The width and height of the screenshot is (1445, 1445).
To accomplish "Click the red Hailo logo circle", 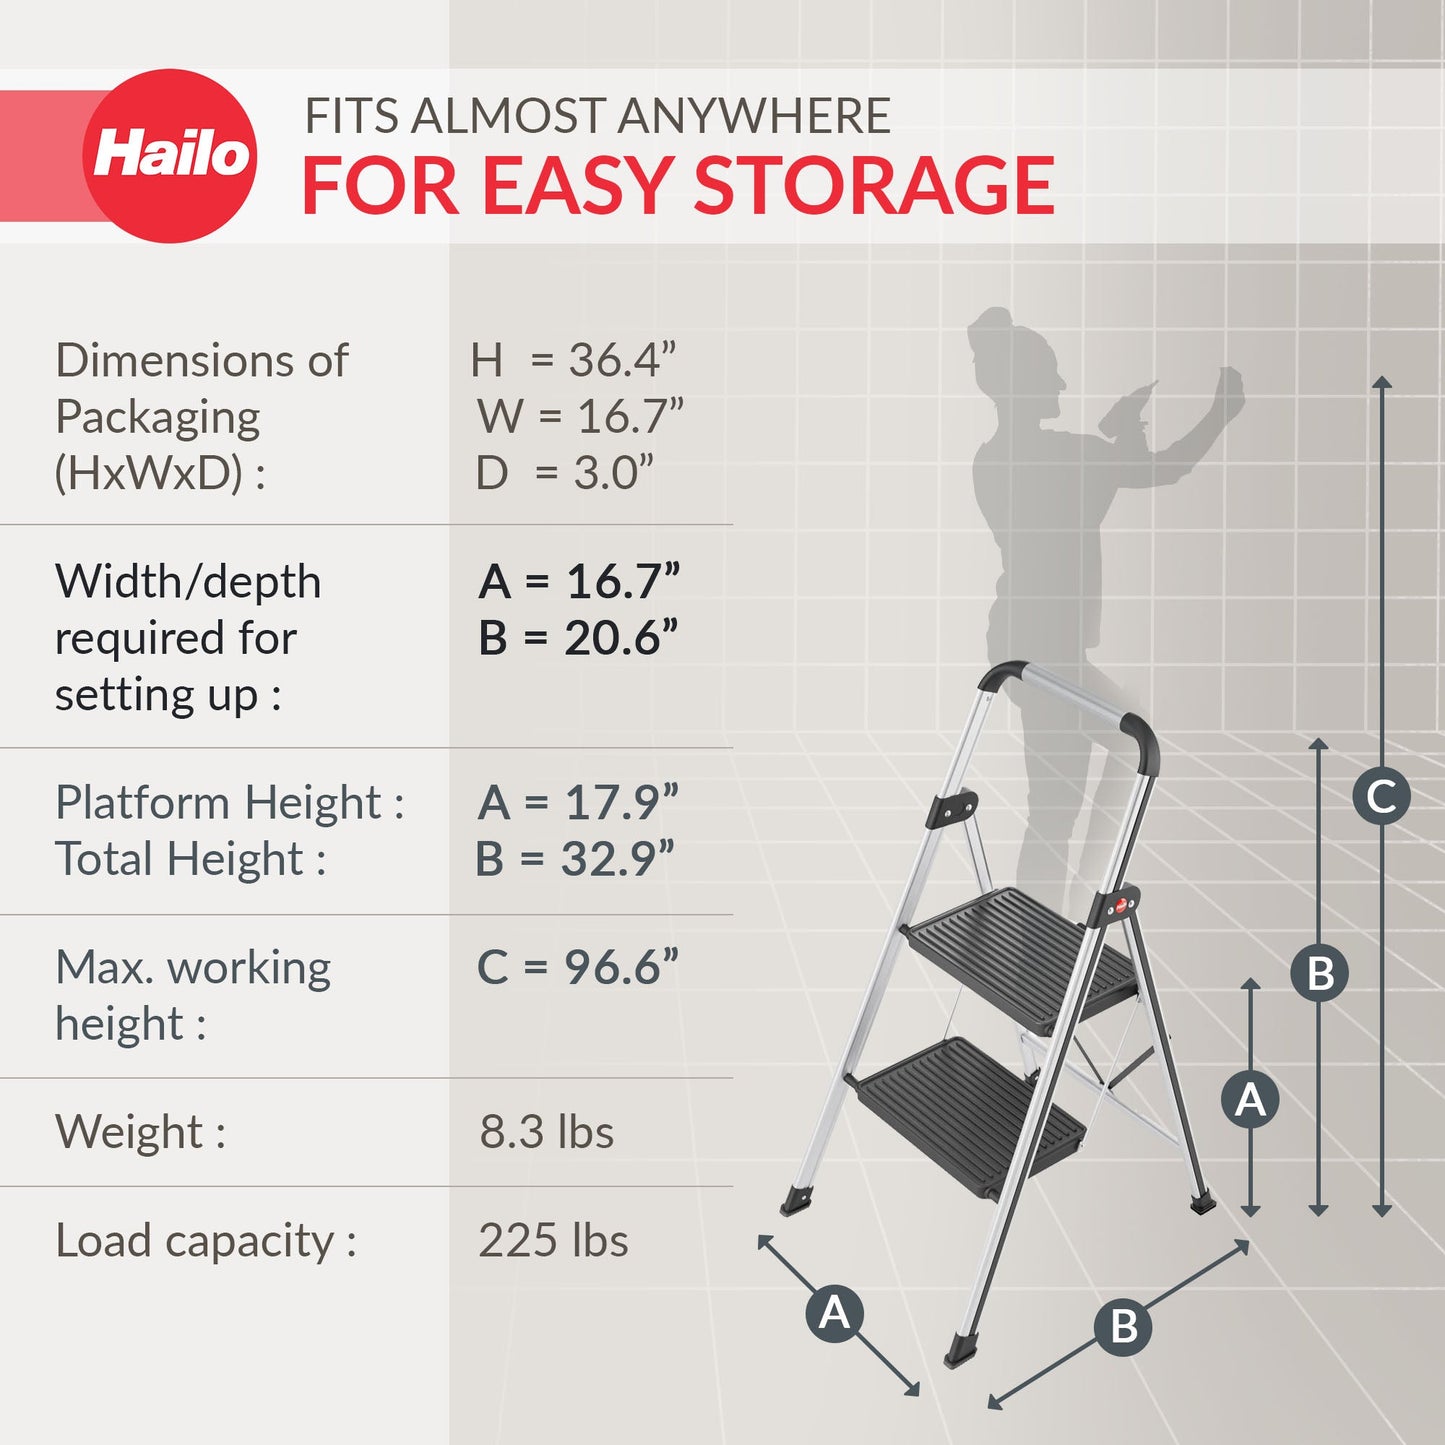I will click(x=170, y=156).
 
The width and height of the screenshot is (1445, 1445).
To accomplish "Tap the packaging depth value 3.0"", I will click(x=612, y=473).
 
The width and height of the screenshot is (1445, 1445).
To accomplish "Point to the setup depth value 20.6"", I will click(x=620, y=638).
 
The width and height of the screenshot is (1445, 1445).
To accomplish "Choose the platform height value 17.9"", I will click(x=620, y=803).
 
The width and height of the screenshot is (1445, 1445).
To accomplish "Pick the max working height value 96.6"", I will click(x=620, y=967).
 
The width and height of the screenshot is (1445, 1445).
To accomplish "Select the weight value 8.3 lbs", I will click(x=546, y=1132).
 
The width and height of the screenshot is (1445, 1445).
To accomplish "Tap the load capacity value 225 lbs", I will click(x=553, y=1241).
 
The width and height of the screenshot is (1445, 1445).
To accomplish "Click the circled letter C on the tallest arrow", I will click(x=1381, y=797).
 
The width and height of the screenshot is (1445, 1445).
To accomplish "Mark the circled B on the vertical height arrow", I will click(x=1319, y=973).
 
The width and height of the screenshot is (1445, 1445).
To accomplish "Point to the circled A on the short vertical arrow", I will click(x=1250, y=1100).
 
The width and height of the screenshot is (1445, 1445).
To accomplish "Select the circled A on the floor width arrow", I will click(x=835, y=1312).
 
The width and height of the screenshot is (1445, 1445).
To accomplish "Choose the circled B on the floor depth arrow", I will click(x=1124, y=1327).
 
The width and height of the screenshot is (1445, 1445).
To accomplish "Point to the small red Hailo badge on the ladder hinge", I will click(x=1122, y=906).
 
